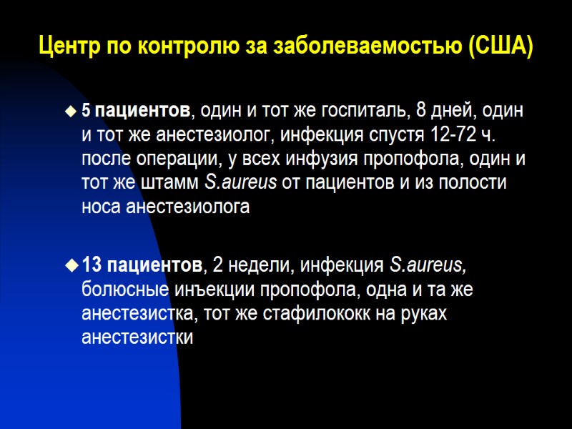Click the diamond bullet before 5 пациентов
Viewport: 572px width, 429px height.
point(70,112)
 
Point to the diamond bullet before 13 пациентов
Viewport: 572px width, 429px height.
point(70,267)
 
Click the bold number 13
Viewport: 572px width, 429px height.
point(92,266)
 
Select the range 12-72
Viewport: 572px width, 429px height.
point(453,135)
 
